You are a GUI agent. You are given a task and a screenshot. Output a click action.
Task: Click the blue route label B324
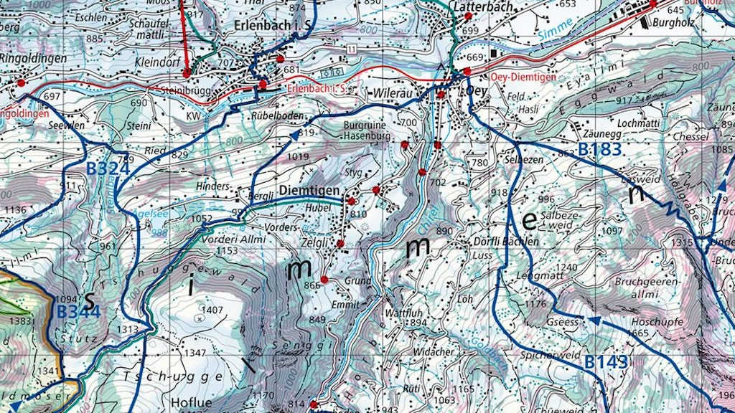(x=108, y=169)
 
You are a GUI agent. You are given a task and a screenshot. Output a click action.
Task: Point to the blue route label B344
(x=78, y=313)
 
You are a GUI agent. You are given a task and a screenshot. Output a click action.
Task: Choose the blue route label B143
(x=606, y=362)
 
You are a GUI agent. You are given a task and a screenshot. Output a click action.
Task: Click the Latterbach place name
(x=484, y=6)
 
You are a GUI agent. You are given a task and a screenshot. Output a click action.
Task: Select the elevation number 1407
(x=212, y=310)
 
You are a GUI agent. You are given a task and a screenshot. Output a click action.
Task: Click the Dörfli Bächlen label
(x=506, y=242)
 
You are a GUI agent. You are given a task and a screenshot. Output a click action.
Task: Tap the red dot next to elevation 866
(x=324, y=280)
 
